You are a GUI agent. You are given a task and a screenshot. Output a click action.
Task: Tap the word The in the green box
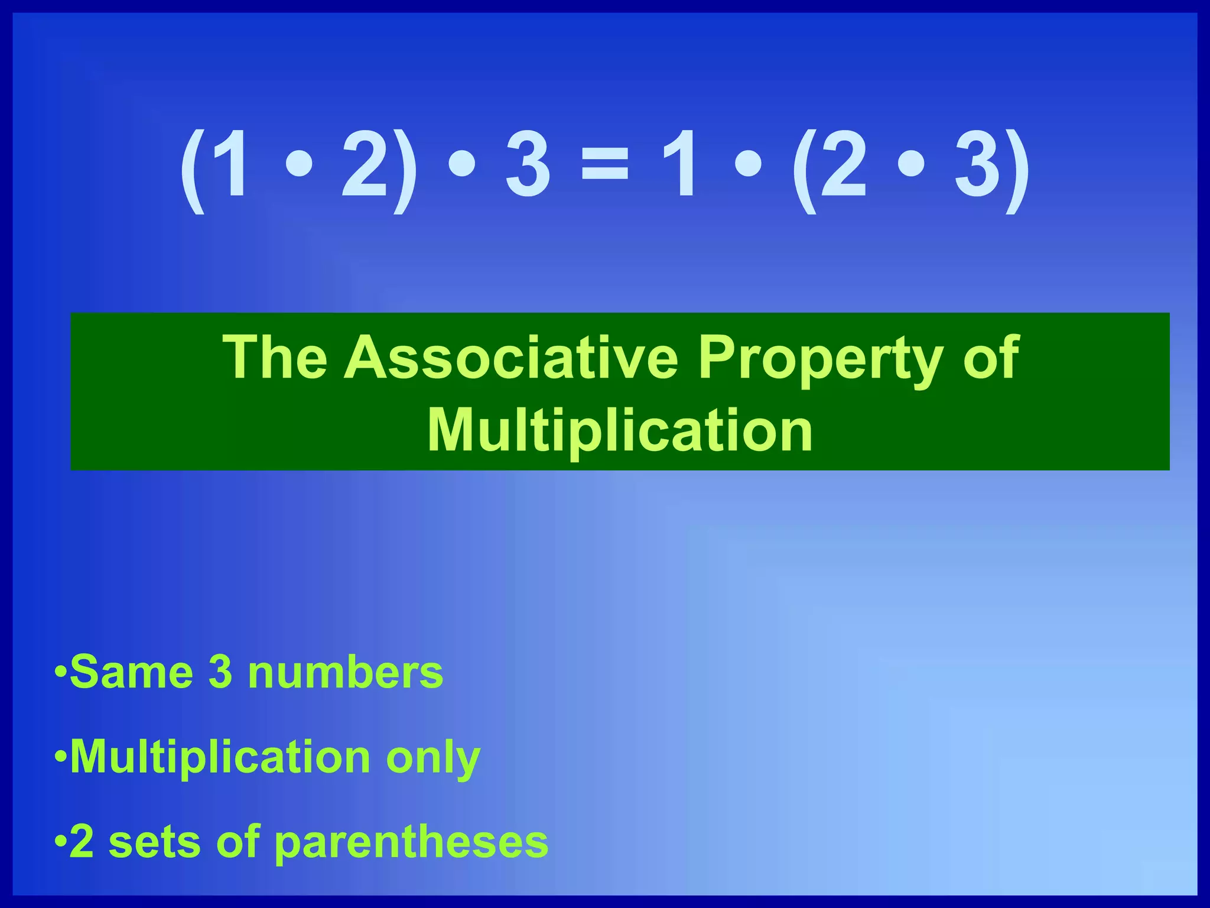pyautogui.click(x=275, y=358)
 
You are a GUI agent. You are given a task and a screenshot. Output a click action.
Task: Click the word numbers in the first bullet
pyautogui.click(x=346, y=672)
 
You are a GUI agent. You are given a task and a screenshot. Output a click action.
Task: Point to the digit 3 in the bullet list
pyautogui.click(x=220, y=672)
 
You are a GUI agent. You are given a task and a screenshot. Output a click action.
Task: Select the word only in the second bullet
pyautogui.click(x=433, y=758)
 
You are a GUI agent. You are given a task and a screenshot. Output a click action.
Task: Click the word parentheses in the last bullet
pyautogui.click(x=411, y=843)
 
